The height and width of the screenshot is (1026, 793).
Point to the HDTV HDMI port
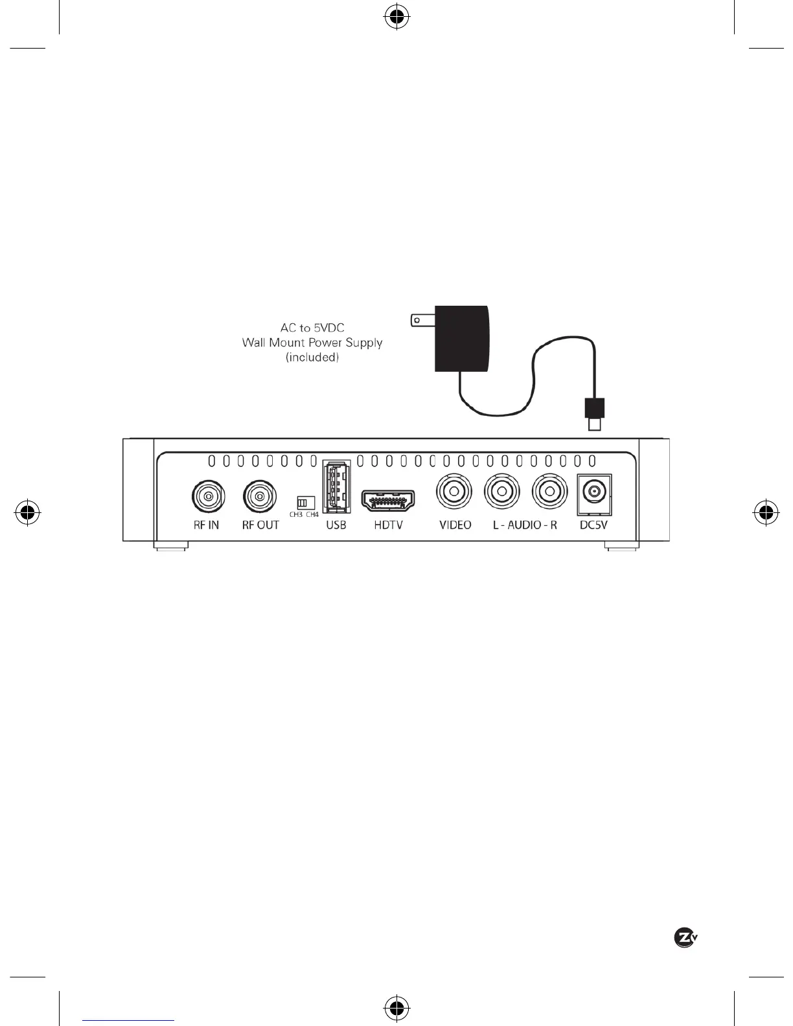tap(387, 500)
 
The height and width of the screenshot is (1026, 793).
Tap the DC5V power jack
tap(593, 493)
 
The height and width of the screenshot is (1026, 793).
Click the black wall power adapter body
tap(461, 339)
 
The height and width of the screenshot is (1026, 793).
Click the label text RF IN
tap(207, 525)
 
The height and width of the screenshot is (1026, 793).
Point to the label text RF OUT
tap(260, 525)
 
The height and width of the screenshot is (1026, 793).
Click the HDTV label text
tap(388, 525)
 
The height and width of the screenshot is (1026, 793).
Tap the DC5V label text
tap(593, 525)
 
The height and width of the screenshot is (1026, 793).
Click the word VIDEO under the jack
tap(455, 525)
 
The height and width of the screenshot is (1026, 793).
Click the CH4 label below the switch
tap(312, 515)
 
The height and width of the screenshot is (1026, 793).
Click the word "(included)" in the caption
tap(312, 358)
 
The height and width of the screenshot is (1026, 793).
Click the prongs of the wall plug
tap(422, 319)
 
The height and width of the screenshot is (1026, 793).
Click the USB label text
tap(336, 525)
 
